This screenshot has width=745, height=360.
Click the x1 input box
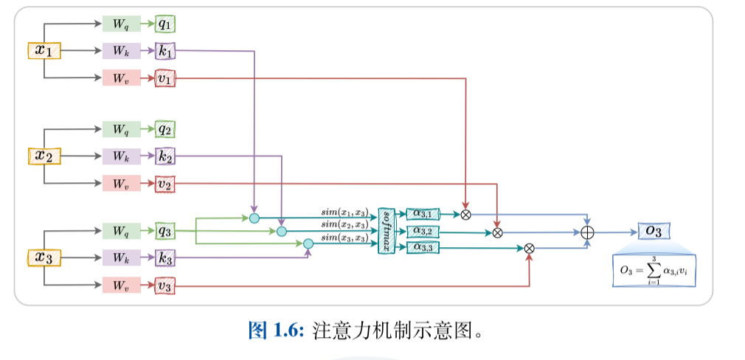[44, 51]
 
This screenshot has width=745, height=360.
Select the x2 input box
[44, 156]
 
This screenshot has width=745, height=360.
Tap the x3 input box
[44, 258]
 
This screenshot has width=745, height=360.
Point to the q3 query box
[165, 231]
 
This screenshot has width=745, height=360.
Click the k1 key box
[165, 51]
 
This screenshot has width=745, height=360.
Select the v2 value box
[165, 184]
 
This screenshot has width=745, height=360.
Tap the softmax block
[387, 231]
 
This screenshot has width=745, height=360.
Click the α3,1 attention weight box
[423, 214]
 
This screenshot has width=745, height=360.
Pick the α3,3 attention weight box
[423, 247]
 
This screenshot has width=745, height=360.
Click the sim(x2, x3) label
[344, 224]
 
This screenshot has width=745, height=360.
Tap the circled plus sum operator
[587, 232]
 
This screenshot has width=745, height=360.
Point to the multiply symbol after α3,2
[497, 232]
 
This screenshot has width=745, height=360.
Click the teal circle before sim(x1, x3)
[254, 218]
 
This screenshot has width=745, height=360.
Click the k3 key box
[165, 258]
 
